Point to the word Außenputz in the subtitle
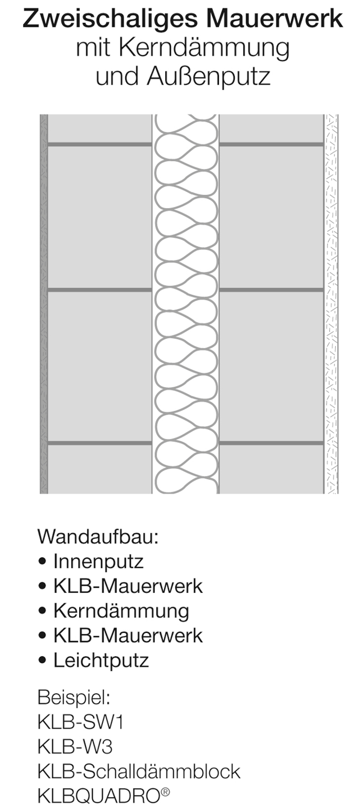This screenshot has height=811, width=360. [208, 77]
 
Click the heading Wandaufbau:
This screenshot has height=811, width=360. [98, 536]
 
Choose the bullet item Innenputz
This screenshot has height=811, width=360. [98, 562]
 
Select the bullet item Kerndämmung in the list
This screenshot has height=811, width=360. [121, 611]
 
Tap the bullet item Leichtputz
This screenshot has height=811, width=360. [101, 660]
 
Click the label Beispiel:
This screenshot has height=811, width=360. [74, 697]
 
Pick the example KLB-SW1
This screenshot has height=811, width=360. [81, 722]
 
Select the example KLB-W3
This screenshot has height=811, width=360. [75, 747]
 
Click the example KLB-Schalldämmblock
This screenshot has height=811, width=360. [139, 772]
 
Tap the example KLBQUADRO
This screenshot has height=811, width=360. [99, 796]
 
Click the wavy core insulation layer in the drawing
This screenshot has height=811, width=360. [186, 304]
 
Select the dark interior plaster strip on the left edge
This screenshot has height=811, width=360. [44, 304]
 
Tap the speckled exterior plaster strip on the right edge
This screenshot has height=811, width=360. [331, 304]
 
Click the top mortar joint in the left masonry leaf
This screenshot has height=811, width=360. [100, 145]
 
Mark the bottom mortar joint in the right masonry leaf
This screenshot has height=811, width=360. [272, 443]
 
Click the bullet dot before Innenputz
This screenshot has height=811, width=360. [43, 562]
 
